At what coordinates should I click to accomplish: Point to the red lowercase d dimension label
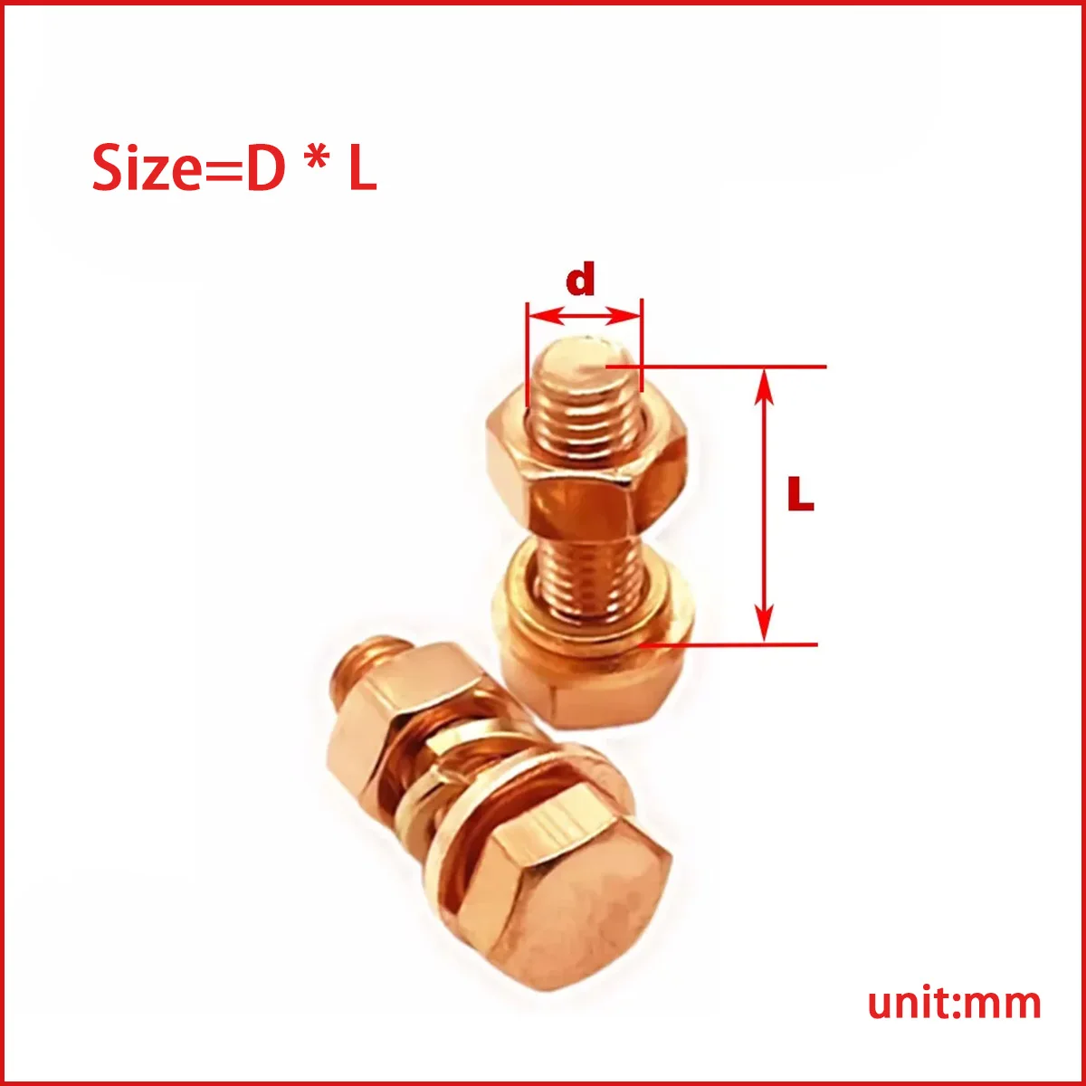(580, 281)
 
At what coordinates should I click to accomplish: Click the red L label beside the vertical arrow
(800, 494)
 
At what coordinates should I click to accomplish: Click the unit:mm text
(954, 1003)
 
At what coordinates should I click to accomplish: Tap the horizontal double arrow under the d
(584, 316)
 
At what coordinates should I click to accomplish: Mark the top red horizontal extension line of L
(724, 367)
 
